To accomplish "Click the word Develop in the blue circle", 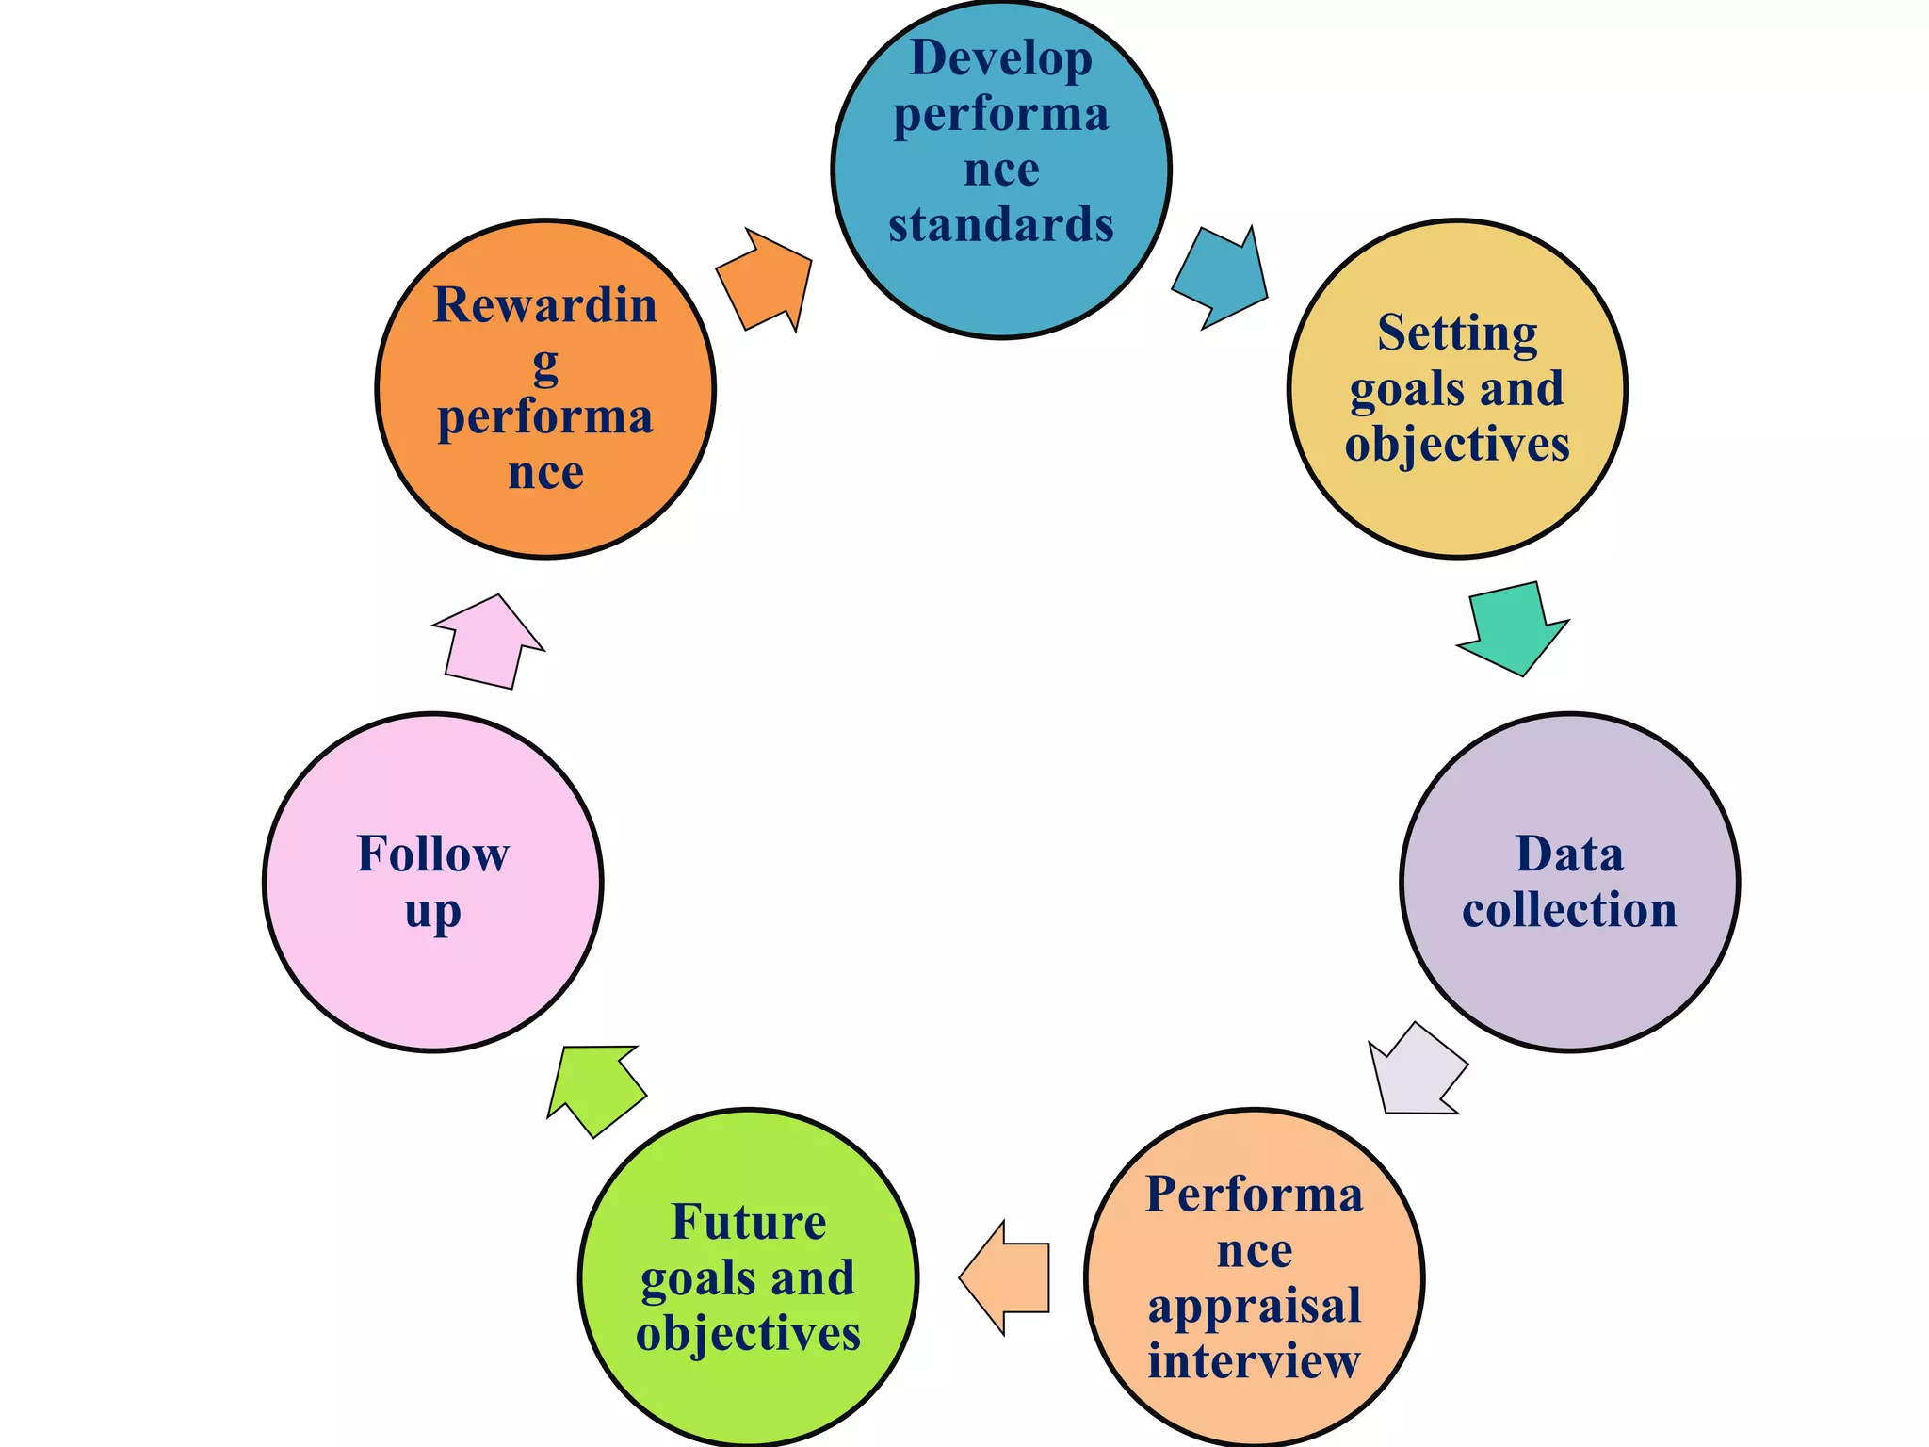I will click(1001, 58).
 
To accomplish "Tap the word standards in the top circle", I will click(1001, 224).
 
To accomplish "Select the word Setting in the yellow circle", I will click(1457, 333).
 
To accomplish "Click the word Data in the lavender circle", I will click(1569, 854).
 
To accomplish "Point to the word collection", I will click(1569, 910).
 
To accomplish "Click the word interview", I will click(1255, 1360).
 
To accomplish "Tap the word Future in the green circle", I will click(749, 1223).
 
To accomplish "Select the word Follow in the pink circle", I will click(433, 854).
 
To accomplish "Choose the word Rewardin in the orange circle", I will click(545, 305).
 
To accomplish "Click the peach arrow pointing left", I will click(1007, 1277).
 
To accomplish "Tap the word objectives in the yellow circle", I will click(1457, 444).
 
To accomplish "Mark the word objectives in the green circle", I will click(749, 1334).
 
